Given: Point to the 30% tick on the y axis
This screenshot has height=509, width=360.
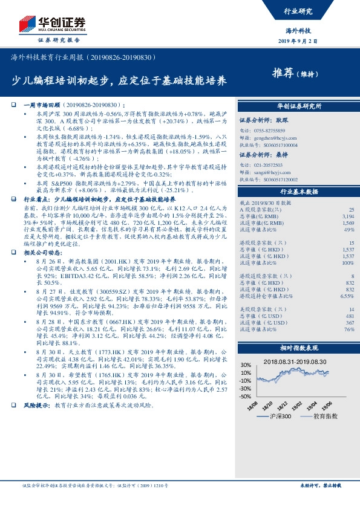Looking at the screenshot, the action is pos(246,365).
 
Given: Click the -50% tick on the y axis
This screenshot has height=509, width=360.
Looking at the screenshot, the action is pos(244,396).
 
